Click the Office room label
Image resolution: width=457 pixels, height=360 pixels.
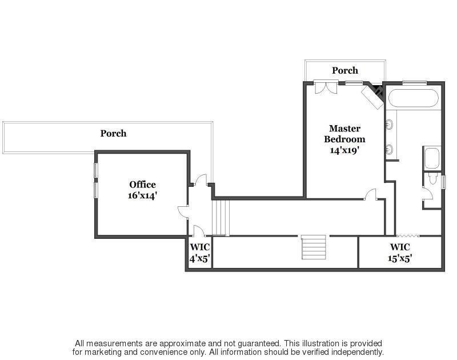tap(142, 185)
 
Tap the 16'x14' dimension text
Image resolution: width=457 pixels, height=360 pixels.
tap(142, 195)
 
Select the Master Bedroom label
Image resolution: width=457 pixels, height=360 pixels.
tap(344, 134)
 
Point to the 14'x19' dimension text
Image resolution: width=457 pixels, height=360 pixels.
tap(344, 150)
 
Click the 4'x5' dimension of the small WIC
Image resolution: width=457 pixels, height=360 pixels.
tap(200, 258)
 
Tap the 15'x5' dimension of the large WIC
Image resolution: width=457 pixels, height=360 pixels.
tap(400, 258)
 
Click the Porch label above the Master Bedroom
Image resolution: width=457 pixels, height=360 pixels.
tap(345, 70)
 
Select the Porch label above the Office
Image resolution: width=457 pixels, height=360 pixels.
tap(113, 133)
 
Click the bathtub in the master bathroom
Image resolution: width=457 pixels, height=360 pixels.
tap(413, 98)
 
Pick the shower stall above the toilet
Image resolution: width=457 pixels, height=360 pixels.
tap(431, 158)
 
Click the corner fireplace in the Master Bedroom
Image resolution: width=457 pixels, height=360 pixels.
tap(375, 94)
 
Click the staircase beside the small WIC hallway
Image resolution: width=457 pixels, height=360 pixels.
tap(221, 217)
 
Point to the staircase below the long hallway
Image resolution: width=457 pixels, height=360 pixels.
tap(314, 246)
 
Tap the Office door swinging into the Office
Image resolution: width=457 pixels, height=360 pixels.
tap(183, 212)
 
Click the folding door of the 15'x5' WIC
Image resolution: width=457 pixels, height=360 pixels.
tap(408, 234)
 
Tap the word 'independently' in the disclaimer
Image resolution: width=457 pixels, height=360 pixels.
tap(354, 352)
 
